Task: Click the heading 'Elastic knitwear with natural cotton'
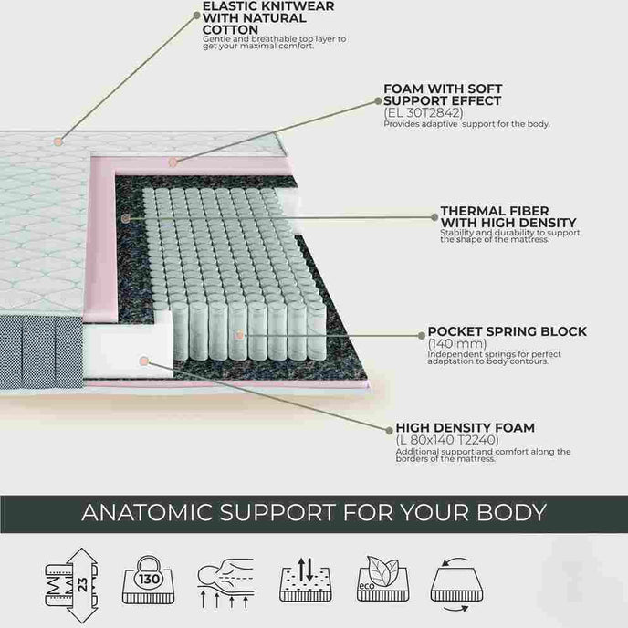tap(268, 18)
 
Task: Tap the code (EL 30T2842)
tap(423, 112)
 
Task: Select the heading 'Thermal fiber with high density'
tap(508, 216)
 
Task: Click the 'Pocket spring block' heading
tap(507, 331)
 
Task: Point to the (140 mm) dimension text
tap(457, 343)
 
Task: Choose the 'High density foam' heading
tap(465, 428)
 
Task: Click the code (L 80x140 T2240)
tap(447, 440)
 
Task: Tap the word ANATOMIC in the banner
tap(147, 512)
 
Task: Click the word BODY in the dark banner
tap(511, 512)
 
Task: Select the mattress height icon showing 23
tap(72, 585)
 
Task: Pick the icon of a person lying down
tap(225, 582)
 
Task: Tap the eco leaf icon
tap(382, 579)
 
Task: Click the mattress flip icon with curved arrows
tap(456, 584)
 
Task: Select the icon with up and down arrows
tap(306, 579)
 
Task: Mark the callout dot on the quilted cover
tap(58, 141)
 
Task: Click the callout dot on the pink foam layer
tap(173, 162)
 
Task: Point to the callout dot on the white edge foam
tap(144, 361)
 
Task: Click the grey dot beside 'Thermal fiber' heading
tap(434, 217)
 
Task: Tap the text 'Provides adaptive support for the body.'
tap(466, 124)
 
